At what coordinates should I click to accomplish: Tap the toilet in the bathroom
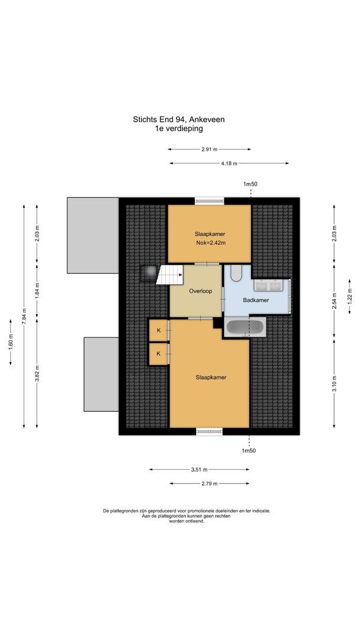coord(236,273)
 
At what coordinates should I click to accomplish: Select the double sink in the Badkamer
coord(271,285)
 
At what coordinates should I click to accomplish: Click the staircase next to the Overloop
coord(169,275)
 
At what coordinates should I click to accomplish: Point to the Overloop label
coord(197,292)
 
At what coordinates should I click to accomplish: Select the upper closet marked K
coord(159,330)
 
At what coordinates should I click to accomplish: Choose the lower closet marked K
coord(159,353)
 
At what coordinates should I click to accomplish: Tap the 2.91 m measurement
coord(210,149)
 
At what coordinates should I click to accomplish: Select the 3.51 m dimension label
coord(199,470)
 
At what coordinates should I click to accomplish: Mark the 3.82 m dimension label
coord(37,373)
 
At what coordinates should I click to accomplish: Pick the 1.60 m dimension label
coord(11,343)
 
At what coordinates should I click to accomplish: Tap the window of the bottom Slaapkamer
coord(210,431)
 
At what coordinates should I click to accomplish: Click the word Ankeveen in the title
coord(210,119)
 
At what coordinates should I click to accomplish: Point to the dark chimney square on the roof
coord(149,273)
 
